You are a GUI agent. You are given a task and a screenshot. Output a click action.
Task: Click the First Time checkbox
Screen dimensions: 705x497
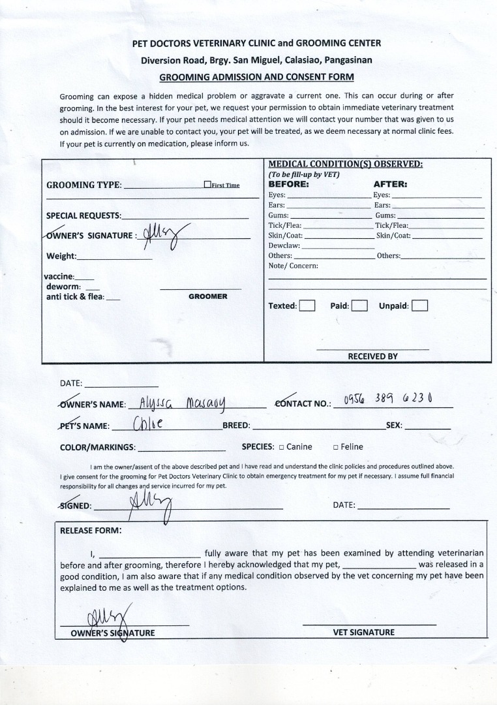[207, 185]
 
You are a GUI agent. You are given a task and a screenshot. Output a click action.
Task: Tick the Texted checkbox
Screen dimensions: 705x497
[307, 305]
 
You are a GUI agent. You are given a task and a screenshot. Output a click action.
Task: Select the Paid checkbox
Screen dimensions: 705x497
[360, 305]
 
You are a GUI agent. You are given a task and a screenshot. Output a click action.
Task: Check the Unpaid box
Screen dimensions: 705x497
[420, 305]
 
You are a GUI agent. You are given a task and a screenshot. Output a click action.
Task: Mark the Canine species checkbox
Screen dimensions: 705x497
[281, 447]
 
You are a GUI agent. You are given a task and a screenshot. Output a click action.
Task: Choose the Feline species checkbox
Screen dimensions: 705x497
[335, 447]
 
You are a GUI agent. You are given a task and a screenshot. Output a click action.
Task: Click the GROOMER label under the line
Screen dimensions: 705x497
[208, 296]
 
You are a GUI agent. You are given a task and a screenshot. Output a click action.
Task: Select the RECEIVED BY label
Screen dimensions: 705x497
[372, 356]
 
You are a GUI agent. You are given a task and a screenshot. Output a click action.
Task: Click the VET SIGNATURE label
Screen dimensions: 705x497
[364, 632]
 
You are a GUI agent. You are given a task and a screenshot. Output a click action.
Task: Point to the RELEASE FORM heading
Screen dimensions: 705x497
[91, 530]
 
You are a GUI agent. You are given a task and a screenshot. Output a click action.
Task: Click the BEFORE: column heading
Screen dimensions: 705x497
[289, 184]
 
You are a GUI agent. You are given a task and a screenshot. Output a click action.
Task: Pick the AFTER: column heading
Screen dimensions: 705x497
[390, 184]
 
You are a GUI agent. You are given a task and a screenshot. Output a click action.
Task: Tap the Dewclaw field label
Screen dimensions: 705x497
[284, 245]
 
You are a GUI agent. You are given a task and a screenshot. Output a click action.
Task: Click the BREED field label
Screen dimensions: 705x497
[236, 426]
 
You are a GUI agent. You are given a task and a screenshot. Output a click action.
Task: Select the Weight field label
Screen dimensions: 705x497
[61, 256]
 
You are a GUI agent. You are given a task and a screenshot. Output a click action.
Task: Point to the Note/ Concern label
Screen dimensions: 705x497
[293, 266]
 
